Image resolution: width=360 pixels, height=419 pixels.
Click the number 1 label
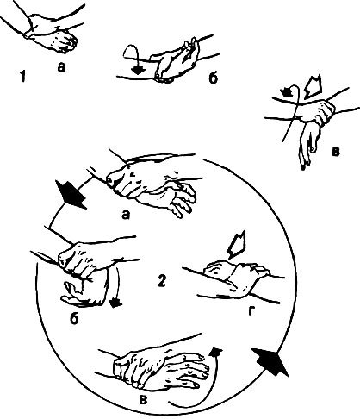[23, 77]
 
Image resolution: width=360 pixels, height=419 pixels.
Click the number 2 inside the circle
[162, 281]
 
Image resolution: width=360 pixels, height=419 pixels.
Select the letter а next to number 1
[61, 67]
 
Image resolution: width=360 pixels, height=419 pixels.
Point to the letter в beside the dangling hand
[336, 152]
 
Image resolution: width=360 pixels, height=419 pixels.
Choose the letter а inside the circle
[126, 214]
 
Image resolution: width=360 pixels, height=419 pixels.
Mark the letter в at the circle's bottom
[143, 400]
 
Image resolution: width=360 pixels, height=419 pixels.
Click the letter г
[251, 310]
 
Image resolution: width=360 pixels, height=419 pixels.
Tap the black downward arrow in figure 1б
[139, 70]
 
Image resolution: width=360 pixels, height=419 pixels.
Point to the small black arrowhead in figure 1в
[288, 92]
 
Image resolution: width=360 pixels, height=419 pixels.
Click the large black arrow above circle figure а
[71, 194]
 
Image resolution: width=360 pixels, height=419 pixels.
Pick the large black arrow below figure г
[270, 361]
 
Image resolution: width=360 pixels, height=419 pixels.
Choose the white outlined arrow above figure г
[237, 244]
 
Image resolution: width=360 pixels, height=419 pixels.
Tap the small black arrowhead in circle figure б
[116, 303]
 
